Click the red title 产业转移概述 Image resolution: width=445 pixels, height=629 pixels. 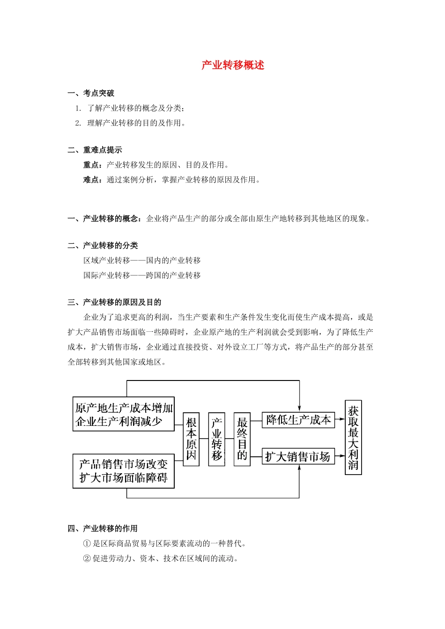(x=233, y=65)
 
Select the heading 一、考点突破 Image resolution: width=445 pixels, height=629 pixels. (x=91, y=93)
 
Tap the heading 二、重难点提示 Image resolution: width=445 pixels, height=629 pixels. (x=95, y=150)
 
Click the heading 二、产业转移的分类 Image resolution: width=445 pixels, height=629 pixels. (x=103, y=245)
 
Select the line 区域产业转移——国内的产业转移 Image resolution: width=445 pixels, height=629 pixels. (x=142, y=260)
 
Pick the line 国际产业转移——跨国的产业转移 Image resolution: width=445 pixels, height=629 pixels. (x=142, y=275)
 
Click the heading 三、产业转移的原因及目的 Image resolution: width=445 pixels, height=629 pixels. (x=114, y=302)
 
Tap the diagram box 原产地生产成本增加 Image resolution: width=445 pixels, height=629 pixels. (x=124, y=414)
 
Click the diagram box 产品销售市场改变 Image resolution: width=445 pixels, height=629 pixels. (x=124, y=471)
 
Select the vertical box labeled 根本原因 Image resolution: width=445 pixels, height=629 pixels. (x=191, y=439)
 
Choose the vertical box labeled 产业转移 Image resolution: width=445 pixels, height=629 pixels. (x=216, y=439)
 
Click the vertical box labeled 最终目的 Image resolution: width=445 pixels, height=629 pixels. (x=242, y=439)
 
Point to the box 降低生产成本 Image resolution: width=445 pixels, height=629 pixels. (x=298, y=420)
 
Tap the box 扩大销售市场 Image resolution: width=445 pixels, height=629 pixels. (x=298, y=456)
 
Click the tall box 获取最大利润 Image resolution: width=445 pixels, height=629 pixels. (x=353, y=438)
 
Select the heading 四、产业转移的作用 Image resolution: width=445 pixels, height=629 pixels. (x=103, y=528)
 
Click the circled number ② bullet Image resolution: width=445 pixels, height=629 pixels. (x=87, y=558)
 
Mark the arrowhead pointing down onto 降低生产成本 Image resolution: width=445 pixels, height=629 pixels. (x=299, y=409)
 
